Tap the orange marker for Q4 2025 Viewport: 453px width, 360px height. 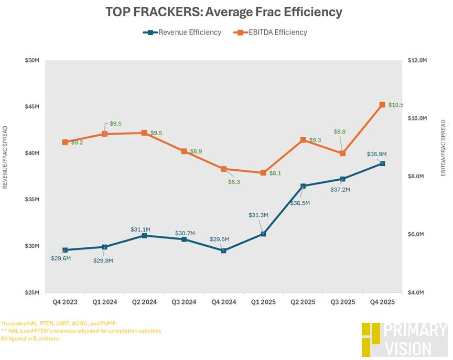point(382,105)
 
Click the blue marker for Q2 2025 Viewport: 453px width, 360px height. point(303,186)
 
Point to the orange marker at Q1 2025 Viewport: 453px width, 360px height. point(263,173)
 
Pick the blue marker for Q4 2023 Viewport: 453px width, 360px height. point(65,250)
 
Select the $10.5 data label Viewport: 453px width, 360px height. point(396,105)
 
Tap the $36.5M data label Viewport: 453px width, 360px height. point(299,203)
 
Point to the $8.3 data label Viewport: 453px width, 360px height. point(234,182)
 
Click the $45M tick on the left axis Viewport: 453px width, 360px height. point(32,107)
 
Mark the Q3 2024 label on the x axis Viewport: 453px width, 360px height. point(184,302)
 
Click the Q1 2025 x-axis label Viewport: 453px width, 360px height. point(263,302)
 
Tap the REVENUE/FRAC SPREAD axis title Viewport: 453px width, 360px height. point(6,157)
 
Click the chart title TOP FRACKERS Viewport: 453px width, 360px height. point(224,11)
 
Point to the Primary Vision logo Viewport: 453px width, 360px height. point(404,340)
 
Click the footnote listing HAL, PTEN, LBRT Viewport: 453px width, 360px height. point(59,323)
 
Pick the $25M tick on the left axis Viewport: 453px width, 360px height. point(32,292)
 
